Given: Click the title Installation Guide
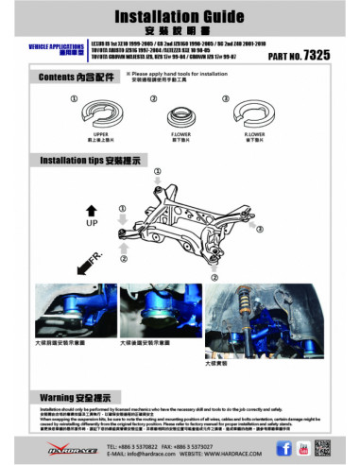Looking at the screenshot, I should tap(180, 17).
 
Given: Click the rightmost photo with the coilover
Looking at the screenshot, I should tap(248, 319).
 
